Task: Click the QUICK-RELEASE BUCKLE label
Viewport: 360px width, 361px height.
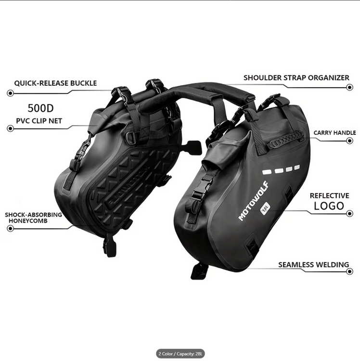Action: [55, 83]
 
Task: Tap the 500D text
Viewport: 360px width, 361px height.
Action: [41, 108]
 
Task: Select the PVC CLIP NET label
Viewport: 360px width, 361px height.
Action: [39, 121]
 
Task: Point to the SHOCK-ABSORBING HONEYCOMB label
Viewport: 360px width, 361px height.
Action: [34, 218]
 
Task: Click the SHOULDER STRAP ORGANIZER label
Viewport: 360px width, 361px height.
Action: [296, 78]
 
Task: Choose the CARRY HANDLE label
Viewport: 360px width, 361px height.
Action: [334, 133]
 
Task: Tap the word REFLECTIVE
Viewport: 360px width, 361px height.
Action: [329, 196]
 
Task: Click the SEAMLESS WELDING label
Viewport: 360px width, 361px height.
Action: [313, 265]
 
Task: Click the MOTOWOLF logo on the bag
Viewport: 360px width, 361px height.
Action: [254, 201]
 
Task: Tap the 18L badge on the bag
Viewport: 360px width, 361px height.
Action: [265, 207]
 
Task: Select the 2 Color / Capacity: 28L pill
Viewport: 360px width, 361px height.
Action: [180, 353]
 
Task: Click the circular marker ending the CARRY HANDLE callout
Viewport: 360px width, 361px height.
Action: [349, 141]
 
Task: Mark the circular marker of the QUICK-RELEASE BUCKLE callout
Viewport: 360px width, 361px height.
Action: [11, 93]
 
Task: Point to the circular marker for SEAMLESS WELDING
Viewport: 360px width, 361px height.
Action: [349, 271]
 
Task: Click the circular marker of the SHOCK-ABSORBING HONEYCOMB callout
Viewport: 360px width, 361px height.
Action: [11, 229]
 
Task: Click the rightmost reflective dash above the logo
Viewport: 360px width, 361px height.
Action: [297, 167]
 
